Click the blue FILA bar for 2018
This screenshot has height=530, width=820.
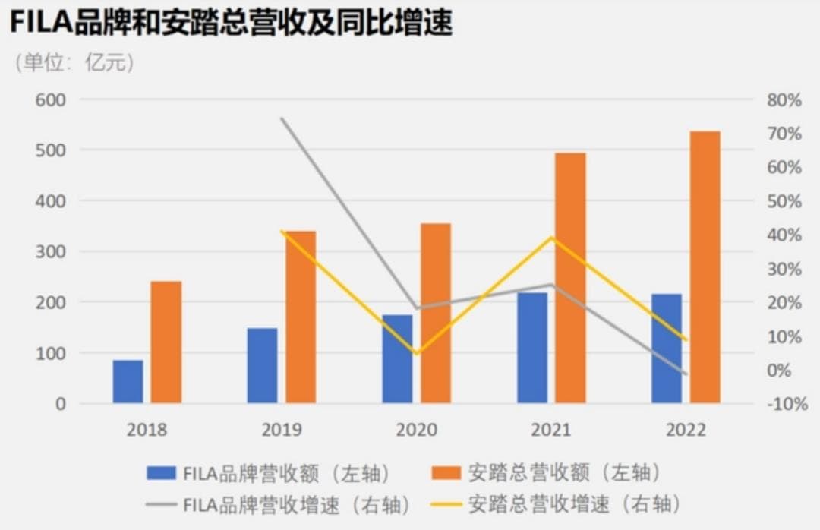tap(128, 381)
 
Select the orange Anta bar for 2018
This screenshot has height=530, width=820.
tap(166, 342)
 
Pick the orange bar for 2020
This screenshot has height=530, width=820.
tap(436, 313)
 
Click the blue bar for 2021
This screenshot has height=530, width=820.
tap(532, 348)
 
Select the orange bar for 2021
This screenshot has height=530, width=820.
tap(570, 278)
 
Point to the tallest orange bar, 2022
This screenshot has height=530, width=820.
tap(705, 267)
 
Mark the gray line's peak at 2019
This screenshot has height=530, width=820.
tap(282, 118)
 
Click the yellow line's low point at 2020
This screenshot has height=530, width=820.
tap(417, 353)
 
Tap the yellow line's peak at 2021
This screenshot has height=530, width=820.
tap(552, 238)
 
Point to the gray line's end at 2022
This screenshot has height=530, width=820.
tap(686, 374)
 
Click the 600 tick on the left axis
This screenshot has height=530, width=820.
tap(51, 99)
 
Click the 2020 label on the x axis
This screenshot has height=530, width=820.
tap(417, 430)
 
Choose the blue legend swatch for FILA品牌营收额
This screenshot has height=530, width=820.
tap(161, 473)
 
